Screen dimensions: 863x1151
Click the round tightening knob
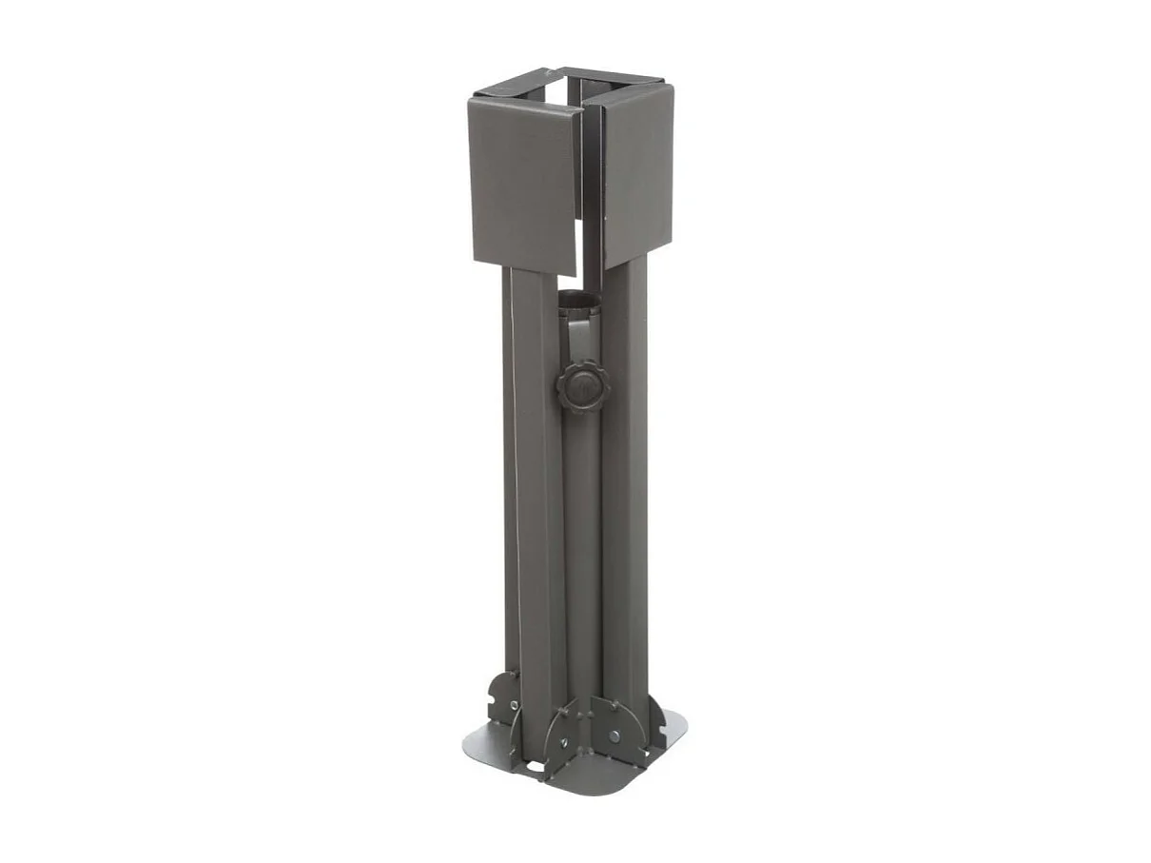tap(579, 385)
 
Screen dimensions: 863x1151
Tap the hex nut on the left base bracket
tap(515, 705)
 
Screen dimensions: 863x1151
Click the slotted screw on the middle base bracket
tap(564, 741)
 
